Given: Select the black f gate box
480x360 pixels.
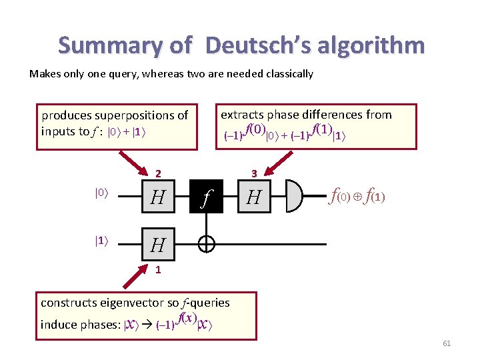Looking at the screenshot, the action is (207, 197).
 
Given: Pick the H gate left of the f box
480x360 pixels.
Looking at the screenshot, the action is (158, 197).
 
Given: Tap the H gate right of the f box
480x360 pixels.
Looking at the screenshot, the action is (254, 197).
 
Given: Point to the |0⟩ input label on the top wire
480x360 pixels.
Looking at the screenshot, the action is (101, 193).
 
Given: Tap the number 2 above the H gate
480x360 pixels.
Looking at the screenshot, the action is (158, 174).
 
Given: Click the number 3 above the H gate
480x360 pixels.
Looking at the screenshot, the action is (254, 174).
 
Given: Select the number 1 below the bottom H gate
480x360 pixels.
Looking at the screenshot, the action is (158, 270).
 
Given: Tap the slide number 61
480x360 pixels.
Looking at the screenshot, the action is (447, 343).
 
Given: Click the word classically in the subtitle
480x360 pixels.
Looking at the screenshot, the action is (288, 74).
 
